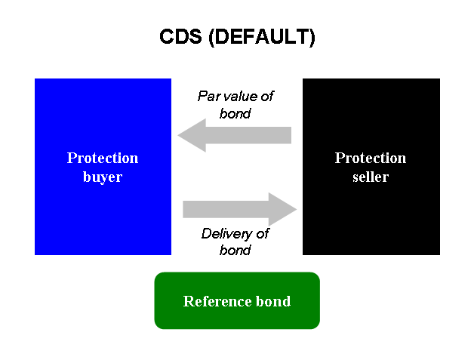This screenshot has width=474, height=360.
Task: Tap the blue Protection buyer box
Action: point(103,211)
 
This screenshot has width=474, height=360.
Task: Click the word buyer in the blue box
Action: point(103,177)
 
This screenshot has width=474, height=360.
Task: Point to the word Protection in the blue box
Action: point(103,158)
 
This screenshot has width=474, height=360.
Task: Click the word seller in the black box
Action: point(371,177)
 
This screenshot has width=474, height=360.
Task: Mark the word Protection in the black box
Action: point(371,158)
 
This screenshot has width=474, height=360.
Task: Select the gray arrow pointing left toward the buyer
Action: point(234,135)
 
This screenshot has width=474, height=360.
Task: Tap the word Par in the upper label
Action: point(208,97)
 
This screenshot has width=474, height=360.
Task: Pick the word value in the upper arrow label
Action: point(241,97)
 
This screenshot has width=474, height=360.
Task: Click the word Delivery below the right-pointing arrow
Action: point(225,234)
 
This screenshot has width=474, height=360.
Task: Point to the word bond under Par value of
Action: point(235,113)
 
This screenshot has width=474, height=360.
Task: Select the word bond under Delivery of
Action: point(235,250)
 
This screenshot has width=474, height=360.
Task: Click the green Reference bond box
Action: point(237,317)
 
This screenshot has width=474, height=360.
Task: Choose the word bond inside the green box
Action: point(275,301)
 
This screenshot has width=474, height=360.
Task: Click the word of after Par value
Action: point(266,97)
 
